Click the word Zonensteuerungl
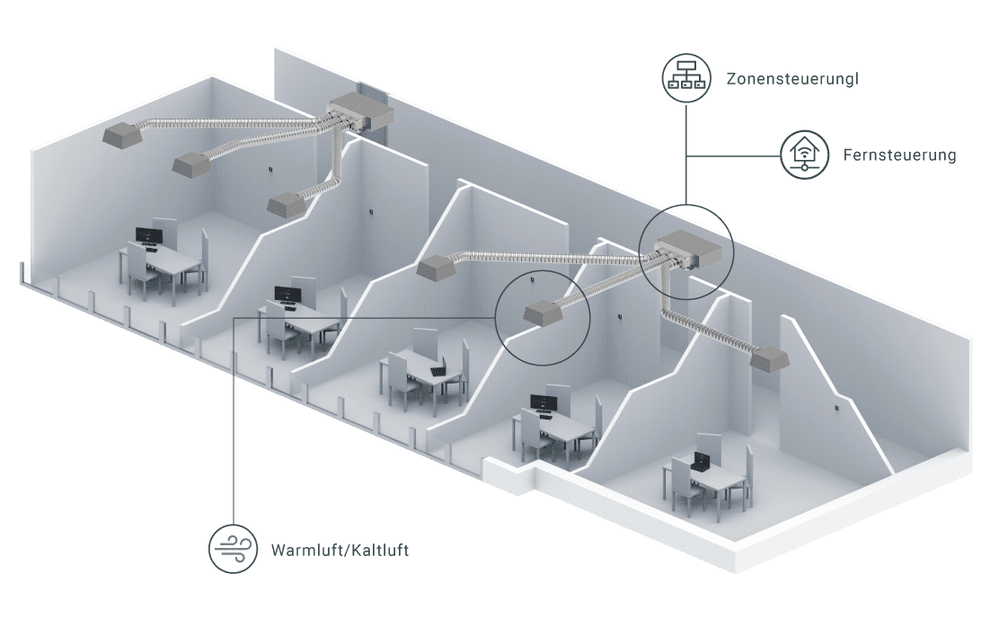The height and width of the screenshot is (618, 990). (x=792, y=79)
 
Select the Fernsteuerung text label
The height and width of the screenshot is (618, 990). (x=899, y=154)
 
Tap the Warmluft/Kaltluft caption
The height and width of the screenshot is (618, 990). (x=340, y=550)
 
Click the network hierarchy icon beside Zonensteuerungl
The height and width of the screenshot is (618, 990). (x=686, y=77)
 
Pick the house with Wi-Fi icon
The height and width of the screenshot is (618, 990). (x=804, y=154)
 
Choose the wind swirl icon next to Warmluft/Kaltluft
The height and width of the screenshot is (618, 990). (x=233, y=549)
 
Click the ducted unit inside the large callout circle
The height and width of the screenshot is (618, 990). (x=688, y=252)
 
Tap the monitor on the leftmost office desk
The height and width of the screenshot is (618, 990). (x=149, y=236)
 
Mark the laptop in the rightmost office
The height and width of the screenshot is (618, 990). (x=703, y=462)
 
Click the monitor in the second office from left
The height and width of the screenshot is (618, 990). (x=287, y=295)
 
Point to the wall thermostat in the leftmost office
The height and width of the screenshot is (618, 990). (x=271, y=169)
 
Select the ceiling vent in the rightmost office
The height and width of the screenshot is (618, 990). (x=770, y=359)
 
